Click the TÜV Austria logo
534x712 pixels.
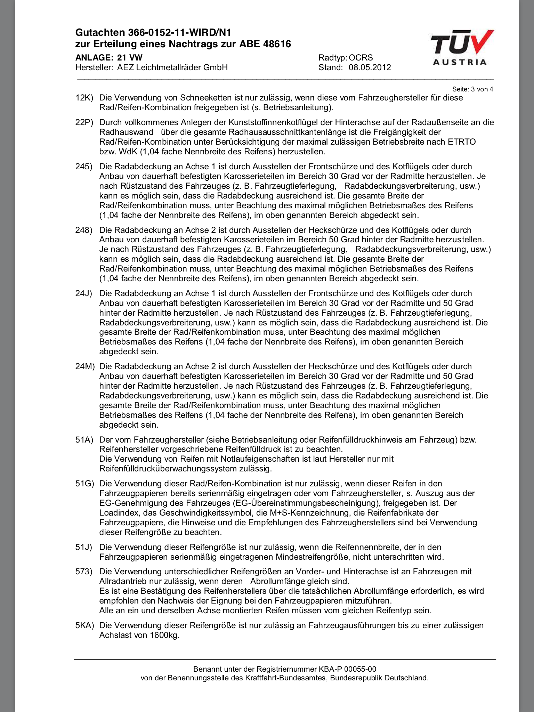(x=462, y=48)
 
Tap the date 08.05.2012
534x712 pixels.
(x=370, y=67)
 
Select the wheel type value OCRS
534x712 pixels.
(x=361, y=58)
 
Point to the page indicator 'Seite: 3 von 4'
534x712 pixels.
(x=472, y=89)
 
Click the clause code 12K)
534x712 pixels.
(x=84, y=98)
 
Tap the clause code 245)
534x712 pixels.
(x=84, y=167)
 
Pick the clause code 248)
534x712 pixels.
(x=84, y=230)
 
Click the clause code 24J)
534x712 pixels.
(x=84, y=293)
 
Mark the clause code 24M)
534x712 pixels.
(x=85, y=366)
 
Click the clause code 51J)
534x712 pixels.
(x=84, y=547)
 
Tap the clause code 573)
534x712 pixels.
(x=84, y=572)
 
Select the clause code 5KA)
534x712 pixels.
(x=85, y=625)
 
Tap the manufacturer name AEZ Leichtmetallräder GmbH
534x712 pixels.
(x=172, y=67)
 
